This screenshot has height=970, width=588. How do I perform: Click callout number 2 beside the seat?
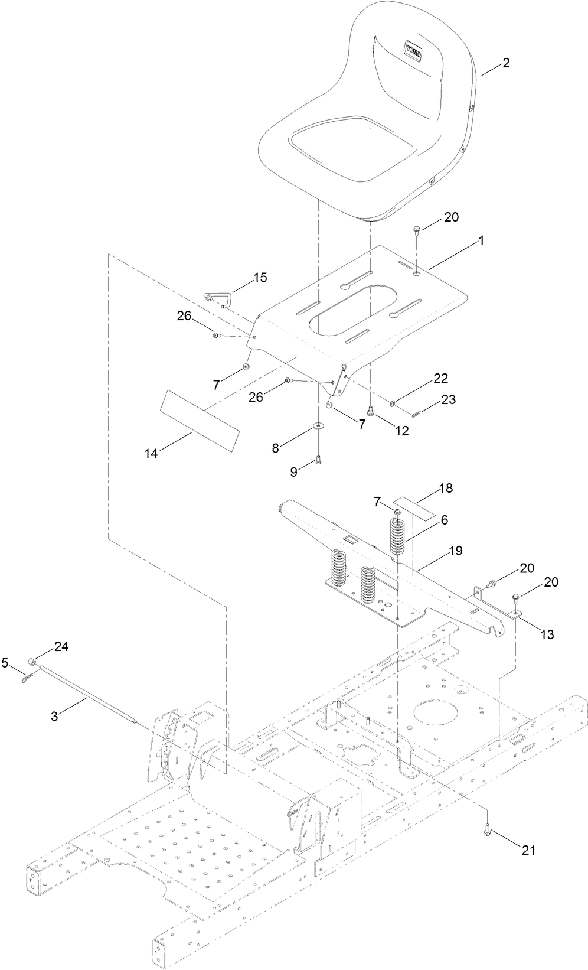[505, 63]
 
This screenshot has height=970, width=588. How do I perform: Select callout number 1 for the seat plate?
[481, 240]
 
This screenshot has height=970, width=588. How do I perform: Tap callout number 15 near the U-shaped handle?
[260, 277]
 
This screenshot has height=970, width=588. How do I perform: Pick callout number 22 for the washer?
[441, 377]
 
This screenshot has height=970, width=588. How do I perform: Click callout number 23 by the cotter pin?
[448, 399]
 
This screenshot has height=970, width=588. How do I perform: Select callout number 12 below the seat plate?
[402, 431]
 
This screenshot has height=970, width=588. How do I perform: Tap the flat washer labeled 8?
[319, 425]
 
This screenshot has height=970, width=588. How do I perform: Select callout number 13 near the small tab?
[547, 635]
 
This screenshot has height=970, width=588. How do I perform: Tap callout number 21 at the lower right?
[528, 849]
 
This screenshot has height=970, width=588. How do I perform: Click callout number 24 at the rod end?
[62, 647]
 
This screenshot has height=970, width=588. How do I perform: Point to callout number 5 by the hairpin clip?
[5, 663]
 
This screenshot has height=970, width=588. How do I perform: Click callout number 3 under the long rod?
[54, 717]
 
